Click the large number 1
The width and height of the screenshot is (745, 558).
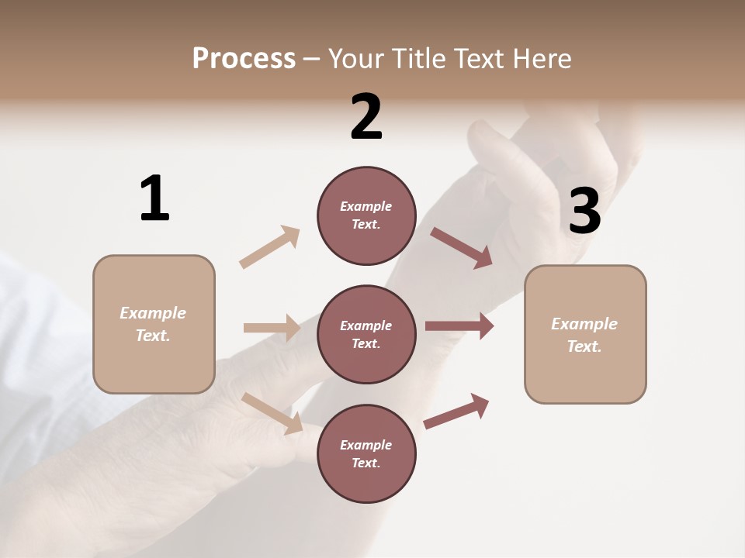[x=154, y=198]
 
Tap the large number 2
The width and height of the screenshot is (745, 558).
[x=366, y=117]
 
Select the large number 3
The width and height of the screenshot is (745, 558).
[x=584, y=212]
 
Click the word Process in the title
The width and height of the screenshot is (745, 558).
[x=244, y=58]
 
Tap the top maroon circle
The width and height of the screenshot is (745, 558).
[x=366, y=215]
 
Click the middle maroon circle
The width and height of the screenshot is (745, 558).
[x=366, y=335]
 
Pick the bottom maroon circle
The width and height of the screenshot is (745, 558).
[x=366, y=454]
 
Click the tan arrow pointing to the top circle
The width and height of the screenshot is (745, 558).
[x=270, y=246]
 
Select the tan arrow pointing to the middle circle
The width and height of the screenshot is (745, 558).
[x=272, y=328]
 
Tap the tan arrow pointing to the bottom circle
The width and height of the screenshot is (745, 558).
[x=272, y=413]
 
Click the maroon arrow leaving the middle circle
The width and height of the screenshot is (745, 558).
[x=459, y=325]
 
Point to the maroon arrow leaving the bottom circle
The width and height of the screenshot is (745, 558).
[x=456, y=411]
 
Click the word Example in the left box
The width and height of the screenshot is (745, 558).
[x=153, y=313]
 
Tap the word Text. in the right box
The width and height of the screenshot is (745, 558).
[x=584, y=346]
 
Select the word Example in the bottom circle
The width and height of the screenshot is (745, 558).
[x=366, y=445]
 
